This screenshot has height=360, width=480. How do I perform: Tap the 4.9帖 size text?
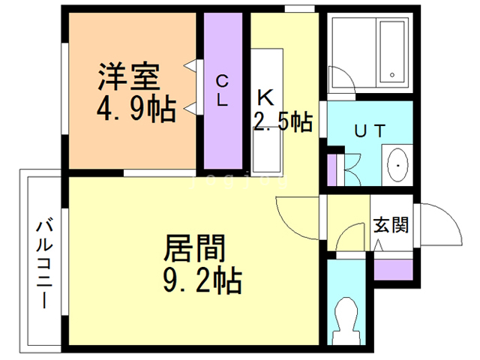[136, 109]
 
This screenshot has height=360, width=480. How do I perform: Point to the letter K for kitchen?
[265, 97]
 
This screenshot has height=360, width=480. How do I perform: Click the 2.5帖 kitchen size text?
[283, 121]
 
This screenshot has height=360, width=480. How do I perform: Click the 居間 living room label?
[195, 247]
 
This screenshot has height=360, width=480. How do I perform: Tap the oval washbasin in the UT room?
[396, 164]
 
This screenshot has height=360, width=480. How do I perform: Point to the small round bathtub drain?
[392, 75]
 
